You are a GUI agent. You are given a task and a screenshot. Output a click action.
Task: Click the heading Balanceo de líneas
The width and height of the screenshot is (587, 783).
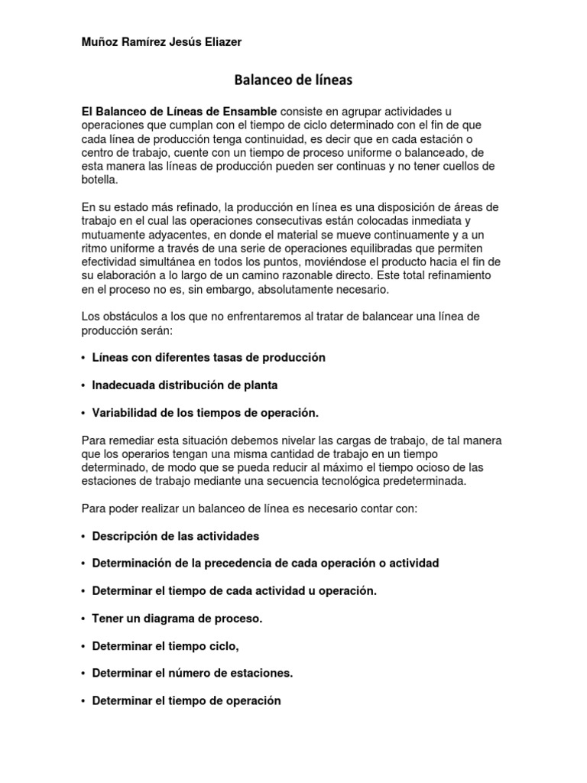point(293,80)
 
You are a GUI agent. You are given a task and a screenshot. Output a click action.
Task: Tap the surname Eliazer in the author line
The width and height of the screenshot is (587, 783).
point(219,42)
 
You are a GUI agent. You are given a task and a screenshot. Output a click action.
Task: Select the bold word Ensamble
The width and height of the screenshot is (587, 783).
point(241,112)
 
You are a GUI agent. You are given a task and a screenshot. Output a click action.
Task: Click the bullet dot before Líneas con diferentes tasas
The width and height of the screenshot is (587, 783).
point(83,358)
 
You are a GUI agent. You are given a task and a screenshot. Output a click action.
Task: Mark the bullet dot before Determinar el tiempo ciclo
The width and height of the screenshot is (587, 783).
point(83,646)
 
